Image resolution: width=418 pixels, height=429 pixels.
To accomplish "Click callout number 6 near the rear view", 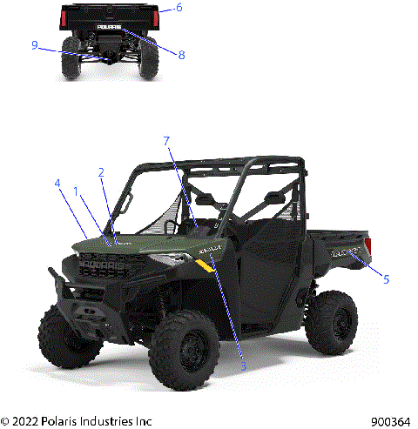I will [x=179, y=8].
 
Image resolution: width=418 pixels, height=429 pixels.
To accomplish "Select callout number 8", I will [x=181, y=55].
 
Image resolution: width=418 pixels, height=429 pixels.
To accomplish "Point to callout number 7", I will [x=166, y=140].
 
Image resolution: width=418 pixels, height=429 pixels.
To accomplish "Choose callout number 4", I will [x=57, y=184].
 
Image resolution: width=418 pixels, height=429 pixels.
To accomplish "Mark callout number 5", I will [x=386, y=279].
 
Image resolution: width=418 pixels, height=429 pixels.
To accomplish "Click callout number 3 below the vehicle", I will [x=244, y=366].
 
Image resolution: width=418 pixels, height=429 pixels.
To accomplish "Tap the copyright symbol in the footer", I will [x=5, y=420].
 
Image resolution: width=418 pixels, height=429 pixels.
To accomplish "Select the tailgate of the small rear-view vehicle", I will [x=108, y=17].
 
